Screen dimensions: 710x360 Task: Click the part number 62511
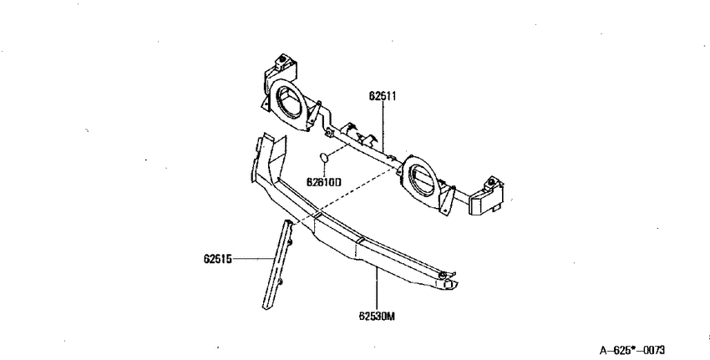click(383, 96)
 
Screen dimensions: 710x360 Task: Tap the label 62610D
click(323, 182)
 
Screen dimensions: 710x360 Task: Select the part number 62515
click(217, 259)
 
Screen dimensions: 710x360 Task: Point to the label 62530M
click(377, 316)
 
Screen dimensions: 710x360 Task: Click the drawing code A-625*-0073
click(632, 350)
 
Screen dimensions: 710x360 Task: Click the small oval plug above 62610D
click(324, 158)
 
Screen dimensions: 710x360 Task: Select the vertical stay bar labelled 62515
click(278, 265)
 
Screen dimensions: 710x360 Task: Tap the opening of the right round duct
click(421, 180)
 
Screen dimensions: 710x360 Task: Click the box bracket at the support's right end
click(487, 197)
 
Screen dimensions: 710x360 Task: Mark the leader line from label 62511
click(383, 126)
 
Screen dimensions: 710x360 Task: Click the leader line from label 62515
click(252, 259)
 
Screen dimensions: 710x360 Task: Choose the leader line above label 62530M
click(377, 288)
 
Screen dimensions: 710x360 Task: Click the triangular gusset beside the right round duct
click(448, 199)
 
